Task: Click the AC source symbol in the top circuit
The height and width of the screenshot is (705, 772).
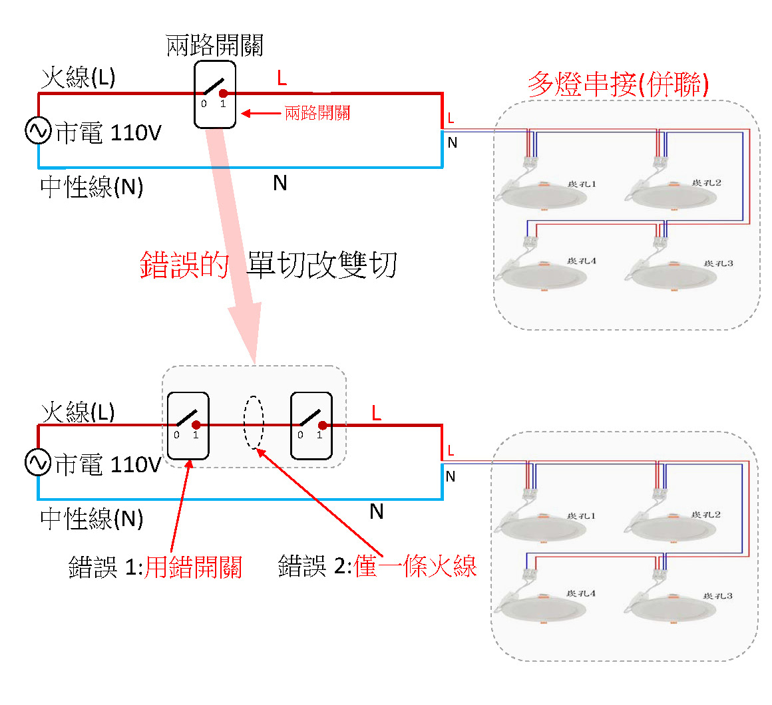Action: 38,131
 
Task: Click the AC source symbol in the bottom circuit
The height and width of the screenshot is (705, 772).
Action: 38,462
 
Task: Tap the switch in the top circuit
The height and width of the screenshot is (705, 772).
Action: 215,94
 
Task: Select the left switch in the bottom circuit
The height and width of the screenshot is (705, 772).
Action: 188,426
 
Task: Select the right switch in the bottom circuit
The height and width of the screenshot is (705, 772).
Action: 311,426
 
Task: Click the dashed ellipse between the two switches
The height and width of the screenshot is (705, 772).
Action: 254,423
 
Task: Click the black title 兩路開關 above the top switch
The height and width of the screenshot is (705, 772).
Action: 214,45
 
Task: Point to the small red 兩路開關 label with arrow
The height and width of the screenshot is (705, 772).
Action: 317,113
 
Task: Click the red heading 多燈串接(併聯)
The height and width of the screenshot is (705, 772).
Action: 618,84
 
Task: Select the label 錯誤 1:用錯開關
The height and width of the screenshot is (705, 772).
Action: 155,567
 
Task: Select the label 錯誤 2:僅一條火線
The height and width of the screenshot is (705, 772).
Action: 377,566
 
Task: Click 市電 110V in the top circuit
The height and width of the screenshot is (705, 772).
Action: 108,132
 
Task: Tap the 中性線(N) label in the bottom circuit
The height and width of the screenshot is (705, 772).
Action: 92,519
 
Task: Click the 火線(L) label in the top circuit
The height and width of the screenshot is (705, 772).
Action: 78,78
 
